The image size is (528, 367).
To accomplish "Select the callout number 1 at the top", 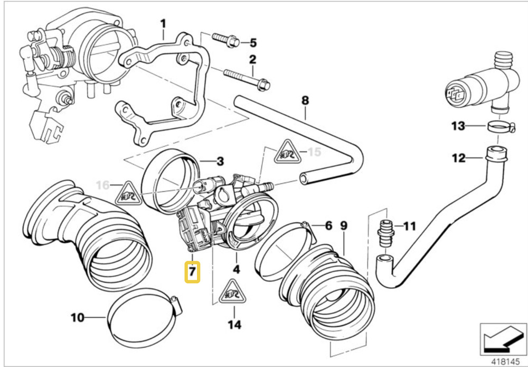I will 163,23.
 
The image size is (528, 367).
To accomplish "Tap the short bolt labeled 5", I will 224,40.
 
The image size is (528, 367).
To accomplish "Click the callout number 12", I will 459,157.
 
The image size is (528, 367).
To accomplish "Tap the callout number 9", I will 344,226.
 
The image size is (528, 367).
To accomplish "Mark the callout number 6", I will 328,226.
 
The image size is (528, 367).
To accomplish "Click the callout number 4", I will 236,269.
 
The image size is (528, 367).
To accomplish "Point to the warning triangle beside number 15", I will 287,152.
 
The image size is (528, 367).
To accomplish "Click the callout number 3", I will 221,161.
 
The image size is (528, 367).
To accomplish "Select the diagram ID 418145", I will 506,360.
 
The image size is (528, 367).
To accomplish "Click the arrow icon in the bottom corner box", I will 499,337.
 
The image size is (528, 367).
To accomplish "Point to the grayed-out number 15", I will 314,152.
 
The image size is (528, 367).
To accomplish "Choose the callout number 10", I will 77,317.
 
